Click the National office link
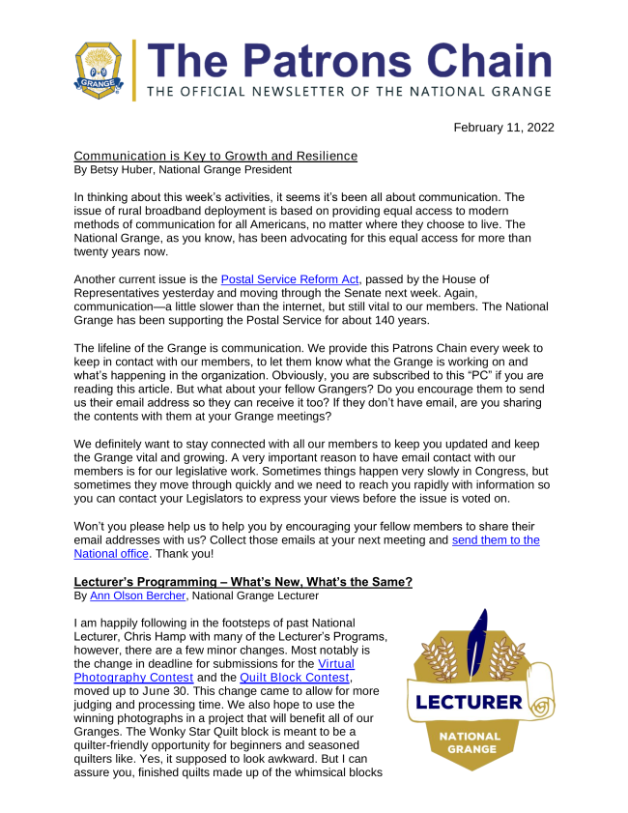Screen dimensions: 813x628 (x=113, y=555)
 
